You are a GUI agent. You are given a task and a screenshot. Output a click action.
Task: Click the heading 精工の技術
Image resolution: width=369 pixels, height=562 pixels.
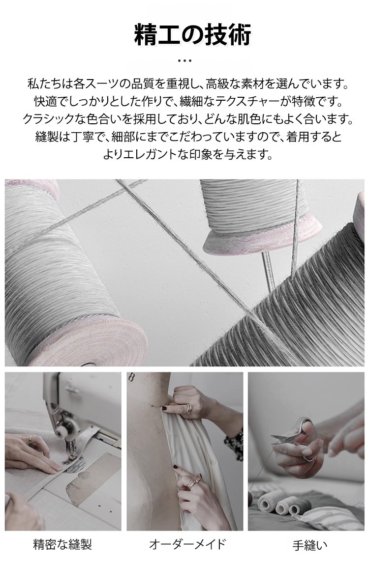[x=193, y=35]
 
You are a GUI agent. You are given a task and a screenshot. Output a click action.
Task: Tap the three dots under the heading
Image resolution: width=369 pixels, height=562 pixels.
[x=184, y=61]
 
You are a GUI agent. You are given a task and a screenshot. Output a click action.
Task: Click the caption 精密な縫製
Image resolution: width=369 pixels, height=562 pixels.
[x=62, y=544]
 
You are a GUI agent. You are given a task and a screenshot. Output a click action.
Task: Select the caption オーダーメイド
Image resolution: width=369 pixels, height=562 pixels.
[x=187, y=544]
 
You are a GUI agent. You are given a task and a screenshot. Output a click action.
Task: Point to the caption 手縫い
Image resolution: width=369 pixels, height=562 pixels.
[x=310, y=545]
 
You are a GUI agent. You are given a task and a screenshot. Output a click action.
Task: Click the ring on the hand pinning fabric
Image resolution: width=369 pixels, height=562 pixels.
[x=189, y=408]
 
